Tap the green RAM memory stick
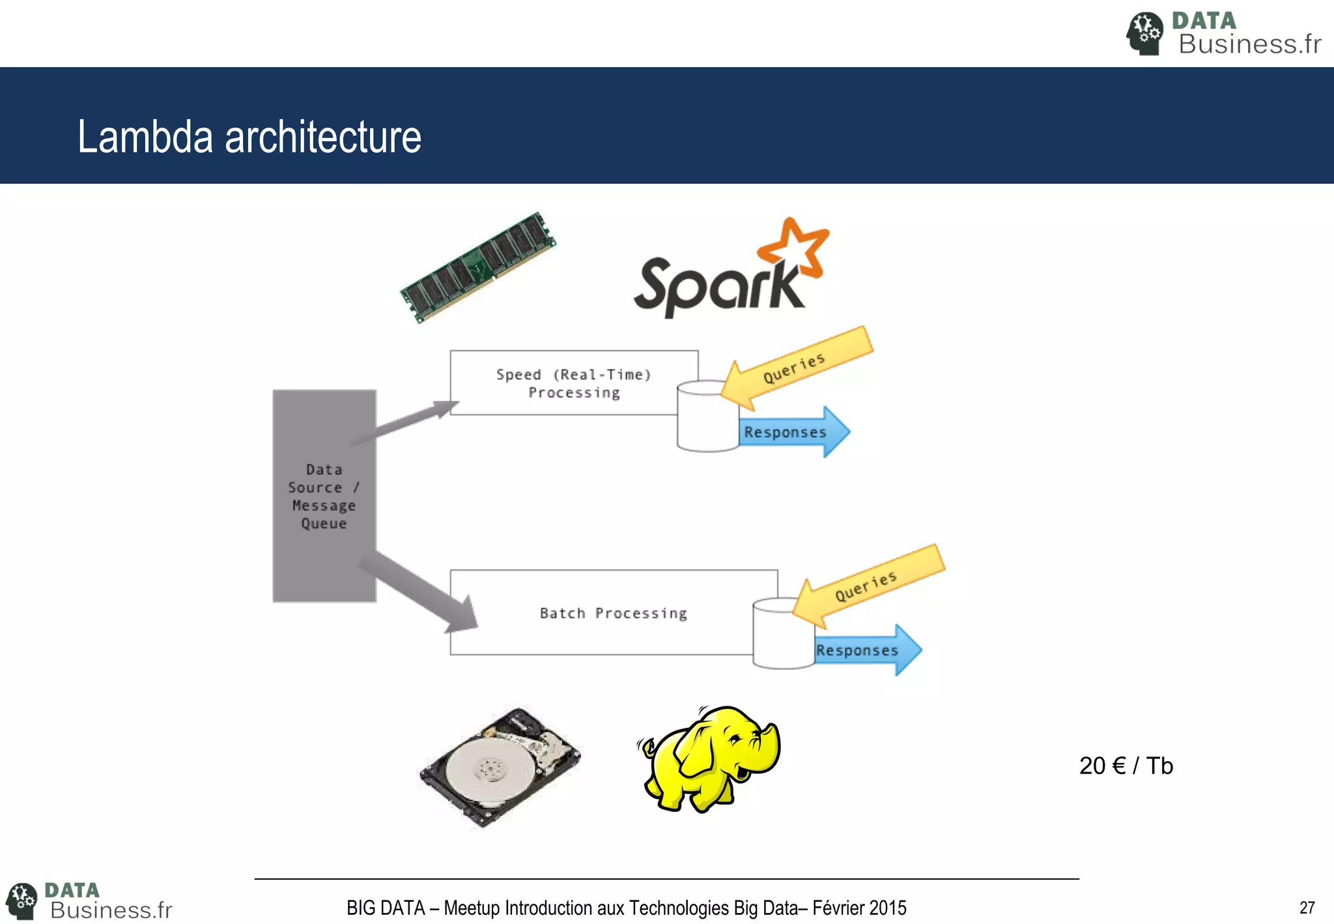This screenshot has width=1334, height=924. tap(479, 267)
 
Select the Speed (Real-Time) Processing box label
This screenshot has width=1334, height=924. tap(573, 383)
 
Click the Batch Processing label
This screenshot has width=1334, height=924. tap(613, 613)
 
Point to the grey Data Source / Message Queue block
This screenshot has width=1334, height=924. tap(324, 496)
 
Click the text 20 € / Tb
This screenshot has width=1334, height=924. tap(1126, 766)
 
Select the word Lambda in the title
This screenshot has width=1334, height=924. tap(145, 137)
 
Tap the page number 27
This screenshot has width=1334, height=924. tap(1307, 907)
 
